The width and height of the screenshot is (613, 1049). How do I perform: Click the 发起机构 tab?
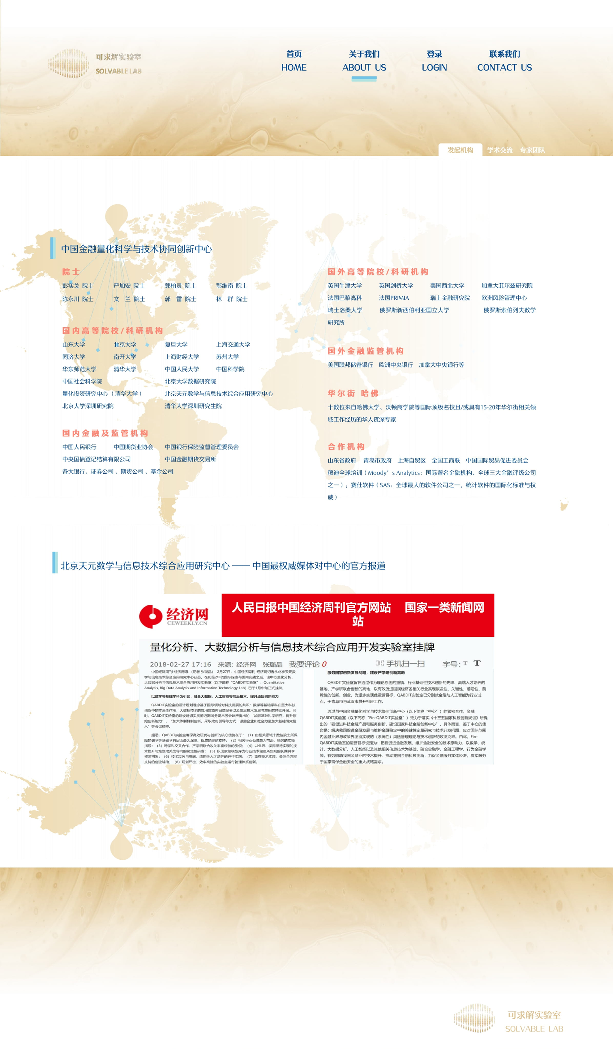[460, 150]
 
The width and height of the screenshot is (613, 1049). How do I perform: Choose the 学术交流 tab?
[500, 150]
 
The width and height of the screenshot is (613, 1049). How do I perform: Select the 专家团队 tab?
[532, 150]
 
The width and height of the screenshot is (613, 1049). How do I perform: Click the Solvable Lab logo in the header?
[95, 64]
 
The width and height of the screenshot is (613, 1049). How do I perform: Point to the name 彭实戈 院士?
[78, 286]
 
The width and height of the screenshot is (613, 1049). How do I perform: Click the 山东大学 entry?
[74, 344]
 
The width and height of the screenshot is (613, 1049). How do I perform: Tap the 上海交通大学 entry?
[233, 344]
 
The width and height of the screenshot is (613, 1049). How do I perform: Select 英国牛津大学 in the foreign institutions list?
[345, 286]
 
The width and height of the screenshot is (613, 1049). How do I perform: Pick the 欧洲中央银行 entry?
[396, 365]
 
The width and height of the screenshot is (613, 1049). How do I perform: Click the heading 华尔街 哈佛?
[353, 393]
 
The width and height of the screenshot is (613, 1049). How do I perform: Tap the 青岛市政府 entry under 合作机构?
[378, 460]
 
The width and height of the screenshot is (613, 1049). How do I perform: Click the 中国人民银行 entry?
[79, 447]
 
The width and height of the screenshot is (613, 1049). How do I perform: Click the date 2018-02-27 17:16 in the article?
[180, 664]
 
